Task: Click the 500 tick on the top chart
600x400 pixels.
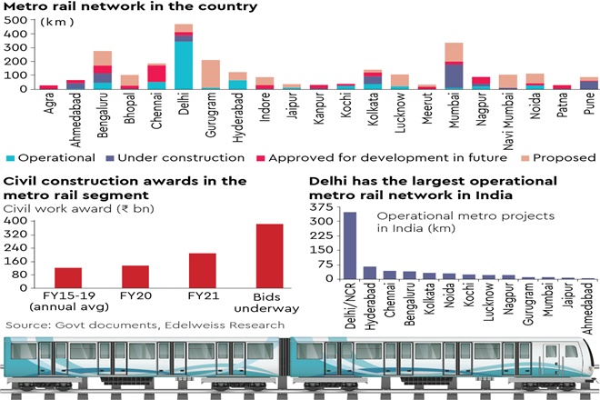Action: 14,20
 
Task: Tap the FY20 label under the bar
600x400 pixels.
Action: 135,296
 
